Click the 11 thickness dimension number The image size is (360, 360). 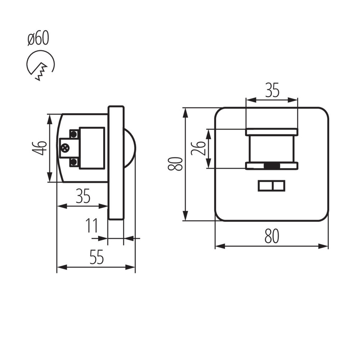[x=92, y=226]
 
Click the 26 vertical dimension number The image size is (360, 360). [x=198, y=148]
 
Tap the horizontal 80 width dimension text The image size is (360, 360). [x=272, y=237]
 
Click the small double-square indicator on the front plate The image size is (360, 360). [x=272, y=186]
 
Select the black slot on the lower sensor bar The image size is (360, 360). [x=272, y=166]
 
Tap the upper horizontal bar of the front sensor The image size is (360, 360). [x=272, y=132]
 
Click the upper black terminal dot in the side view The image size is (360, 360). [x=74, y=134]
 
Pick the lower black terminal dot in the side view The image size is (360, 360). [x=74, y=162]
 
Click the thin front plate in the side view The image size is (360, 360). [x=116, y=163]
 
